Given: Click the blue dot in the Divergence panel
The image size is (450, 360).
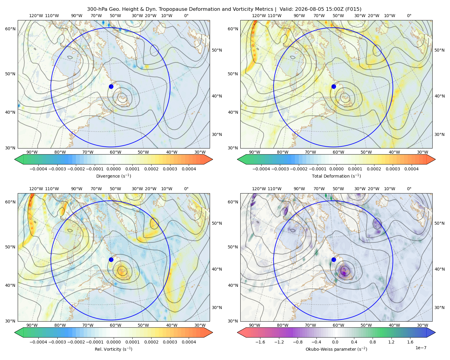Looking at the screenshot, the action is pyautogui.click(x=111, y=86).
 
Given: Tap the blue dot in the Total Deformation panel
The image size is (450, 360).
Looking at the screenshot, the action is pyautogui.click(x=334, y=86).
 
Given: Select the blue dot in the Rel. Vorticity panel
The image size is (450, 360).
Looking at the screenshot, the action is pyautogui.click(x=111, y=259).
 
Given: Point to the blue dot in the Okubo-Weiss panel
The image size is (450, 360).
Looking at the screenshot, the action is pyautogui.click(x=334, y=259).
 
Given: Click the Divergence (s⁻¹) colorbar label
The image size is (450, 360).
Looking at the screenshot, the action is pyautogui.click(x=113, y=176).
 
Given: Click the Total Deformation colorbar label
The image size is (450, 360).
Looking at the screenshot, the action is pyautogui.click(x=336, y=176).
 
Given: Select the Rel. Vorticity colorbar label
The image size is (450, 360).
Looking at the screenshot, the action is pyautogui.click(x=113, y=349).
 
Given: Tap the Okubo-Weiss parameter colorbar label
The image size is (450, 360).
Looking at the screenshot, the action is pyautogui.click(x=336, y=349).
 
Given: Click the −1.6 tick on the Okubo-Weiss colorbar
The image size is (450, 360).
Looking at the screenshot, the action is pyautogui.click(x=260, y=342).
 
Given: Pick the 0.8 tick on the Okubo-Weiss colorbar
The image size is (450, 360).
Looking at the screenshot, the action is pyautogui.click(x=373, y=342).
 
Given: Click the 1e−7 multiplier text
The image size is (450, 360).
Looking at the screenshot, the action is pyautogui.click(x=421, y=348).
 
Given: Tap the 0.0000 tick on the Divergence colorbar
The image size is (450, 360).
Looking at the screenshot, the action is pyautogui.click(x=113, y=169).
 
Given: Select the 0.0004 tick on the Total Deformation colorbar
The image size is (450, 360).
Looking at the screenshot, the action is pyautogui.click(x=412, y=169).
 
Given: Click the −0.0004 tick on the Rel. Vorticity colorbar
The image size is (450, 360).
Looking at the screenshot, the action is pyautogui.click(x=38, y=342).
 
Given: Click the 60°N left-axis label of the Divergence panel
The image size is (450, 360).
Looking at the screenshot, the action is pyautogui.click(x=10, y=29).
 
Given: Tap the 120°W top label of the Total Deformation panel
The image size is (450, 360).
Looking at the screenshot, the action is pyautogui.click(x=259, y=16).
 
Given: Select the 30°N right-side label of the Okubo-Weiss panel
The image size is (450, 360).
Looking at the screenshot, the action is pyautogui.click(x=439, y=307).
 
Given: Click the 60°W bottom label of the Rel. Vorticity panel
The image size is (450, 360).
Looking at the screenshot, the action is pyautogui.click(x=115, y=325).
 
